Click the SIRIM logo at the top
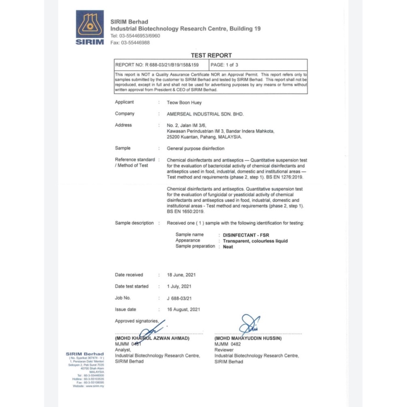90,27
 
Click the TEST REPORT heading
211,55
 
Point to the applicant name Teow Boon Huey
184,103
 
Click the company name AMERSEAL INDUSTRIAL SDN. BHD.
205,114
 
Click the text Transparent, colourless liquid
255,241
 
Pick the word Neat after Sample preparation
228,247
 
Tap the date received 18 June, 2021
181,275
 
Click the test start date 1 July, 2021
179,286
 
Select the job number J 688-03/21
179,298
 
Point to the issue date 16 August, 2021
183,309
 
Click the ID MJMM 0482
228,344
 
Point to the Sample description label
134,223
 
